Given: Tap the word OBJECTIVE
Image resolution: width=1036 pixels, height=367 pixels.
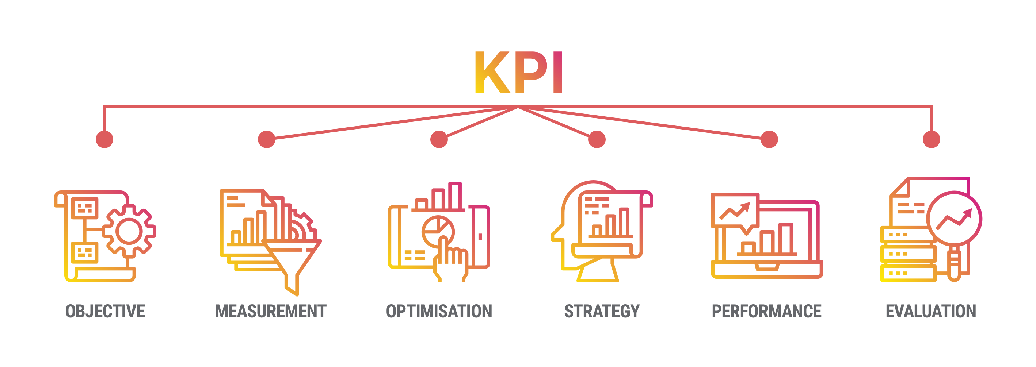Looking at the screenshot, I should (x=105, y=311).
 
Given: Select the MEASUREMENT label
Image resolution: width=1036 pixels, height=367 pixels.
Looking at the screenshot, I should (x=271, y=311).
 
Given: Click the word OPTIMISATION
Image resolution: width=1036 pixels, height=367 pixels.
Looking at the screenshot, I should (x=439, y=311).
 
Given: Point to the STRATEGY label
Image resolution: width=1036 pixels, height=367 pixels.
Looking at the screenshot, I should (x=602, y=311).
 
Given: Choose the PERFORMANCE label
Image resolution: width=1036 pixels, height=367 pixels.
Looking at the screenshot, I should (x=766, y=311).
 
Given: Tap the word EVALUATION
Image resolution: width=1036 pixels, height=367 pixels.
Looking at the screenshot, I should (x=931, y=311).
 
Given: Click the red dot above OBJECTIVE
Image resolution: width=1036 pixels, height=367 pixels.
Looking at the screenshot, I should (x=104, y=139).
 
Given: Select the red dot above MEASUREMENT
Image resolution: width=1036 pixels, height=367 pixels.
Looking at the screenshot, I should (x=267, y=139).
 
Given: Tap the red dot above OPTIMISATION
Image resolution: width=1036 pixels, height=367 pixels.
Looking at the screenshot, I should (x=439, y=139).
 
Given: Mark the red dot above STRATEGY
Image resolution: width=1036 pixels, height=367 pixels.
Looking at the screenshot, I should (x=597, y=139).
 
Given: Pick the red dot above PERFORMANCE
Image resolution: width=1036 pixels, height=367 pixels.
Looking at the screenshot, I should (x=769, y=139).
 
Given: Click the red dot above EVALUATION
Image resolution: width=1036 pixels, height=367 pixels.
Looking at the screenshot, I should (x=932, y=139).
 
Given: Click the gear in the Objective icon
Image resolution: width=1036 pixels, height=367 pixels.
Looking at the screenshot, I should (x=129, y=231).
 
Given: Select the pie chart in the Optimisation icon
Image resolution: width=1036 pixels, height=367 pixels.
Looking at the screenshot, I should (x=438, y=231).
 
